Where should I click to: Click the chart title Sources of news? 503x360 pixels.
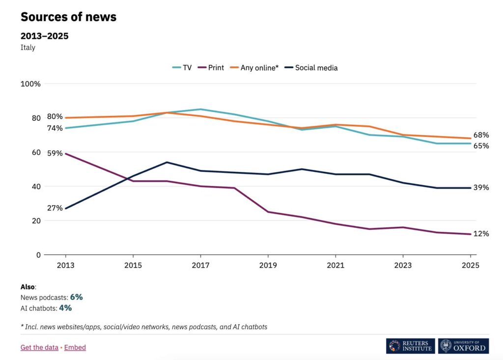pyautogui.click(x=68, y=17)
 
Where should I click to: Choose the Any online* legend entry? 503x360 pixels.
pyautogui.click(x=254, y=68)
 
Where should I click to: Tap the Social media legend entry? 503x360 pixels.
pyautogui.click(x=311, y=68)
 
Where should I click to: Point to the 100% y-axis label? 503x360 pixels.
pyautogui.click(x=30, y=84)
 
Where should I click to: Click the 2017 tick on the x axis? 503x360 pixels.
pyautogui.click(x=200, y=265)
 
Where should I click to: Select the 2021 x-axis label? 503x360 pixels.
pyautogui.click(x=335, y=265)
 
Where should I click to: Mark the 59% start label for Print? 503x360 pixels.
pyautogui.click(x=55, y=153)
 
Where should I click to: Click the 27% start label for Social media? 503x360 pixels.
pyautogui.click(x=55, y=208)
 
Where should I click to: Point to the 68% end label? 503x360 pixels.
pyautogui.click(x=481, y=135)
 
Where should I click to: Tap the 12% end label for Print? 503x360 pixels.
pyautogui.click(x=481, y=234)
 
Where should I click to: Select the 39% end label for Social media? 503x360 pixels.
pyautogui.click(x=481, y=188)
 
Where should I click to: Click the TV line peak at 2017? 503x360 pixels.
pyautogui.click(x=200, y=109)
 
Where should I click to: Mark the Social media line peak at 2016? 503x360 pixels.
pyautogui.click(x=167, y=162)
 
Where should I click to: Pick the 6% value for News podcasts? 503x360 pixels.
pyautogui.click(x=76, y=297)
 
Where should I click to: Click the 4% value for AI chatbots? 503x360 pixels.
pyautogui.click(x=65, y=308)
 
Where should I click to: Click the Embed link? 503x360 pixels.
pyautogui.click(x=75, y=347)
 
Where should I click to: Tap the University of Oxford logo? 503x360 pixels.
pyautogui.click(x=463, y=346)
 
